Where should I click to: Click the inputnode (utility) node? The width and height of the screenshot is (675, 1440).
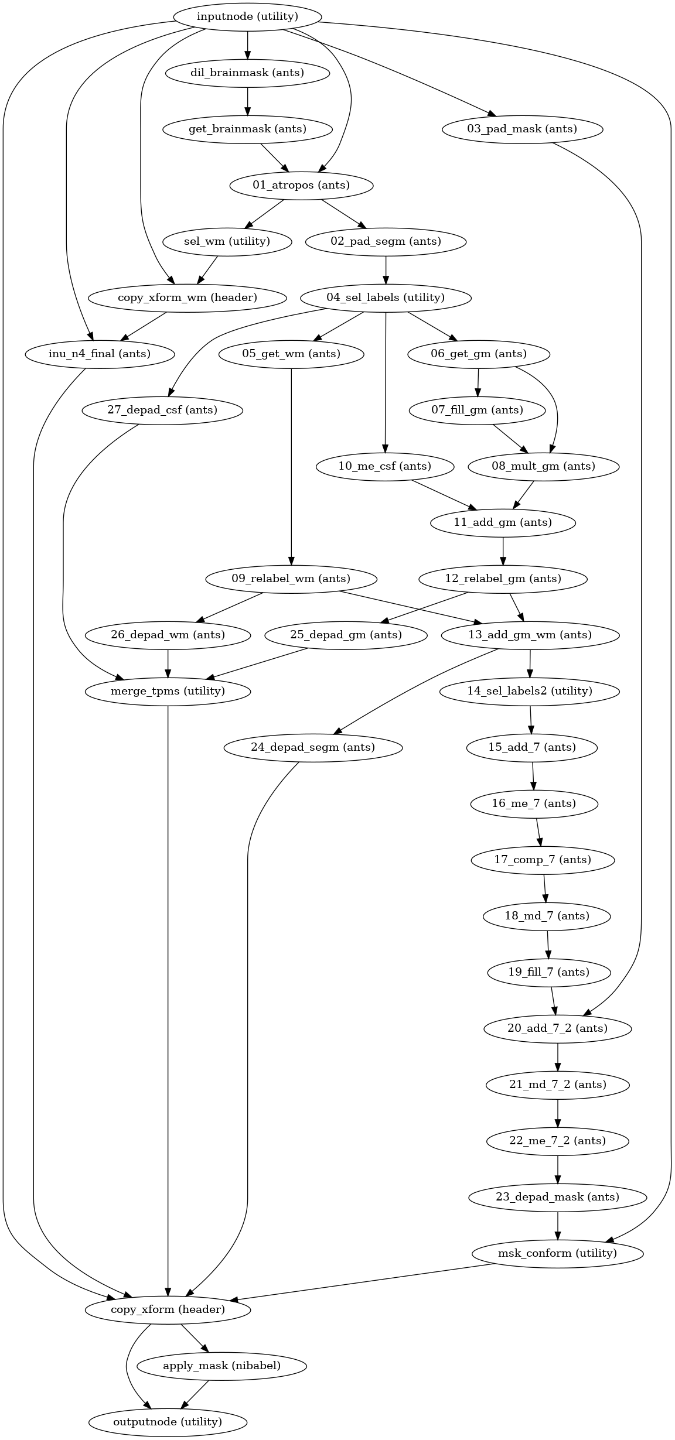pos(247,16)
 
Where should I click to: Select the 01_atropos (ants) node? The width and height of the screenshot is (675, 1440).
pos(301,185)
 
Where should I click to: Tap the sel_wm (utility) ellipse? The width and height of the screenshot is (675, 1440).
pos(227,241)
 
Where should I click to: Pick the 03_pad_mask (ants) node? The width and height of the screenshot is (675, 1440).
pos(523,129)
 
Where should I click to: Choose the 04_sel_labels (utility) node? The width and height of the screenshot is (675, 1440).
pos(386,297)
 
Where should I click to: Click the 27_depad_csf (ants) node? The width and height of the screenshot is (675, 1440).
pos(162,410)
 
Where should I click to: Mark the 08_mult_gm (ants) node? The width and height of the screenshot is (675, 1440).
pos(544,466)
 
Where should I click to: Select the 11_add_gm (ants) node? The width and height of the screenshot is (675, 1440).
pos(503,522)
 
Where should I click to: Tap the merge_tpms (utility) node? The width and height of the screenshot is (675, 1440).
pos(168,691)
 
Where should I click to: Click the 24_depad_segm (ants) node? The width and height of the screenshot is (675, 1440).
pos(313,747)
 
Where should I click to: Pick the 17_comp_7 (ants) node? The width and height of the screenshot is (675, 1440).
pos(543,860)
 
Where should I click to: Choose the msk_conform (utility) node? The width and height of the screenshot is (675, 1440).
pos(557,1253)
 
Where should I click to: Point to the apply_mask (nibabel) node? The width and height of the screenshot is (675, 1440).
pos(221,1366)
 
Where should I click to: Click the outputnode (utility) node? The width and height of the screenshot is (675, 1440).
pos(168,1422)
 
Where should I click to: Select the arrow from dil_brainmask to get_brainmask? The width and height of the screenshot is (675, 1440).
pos(248,101)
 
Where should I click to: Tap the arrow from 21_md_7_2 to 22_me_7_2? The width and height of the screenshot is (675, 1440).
pos(558,1113)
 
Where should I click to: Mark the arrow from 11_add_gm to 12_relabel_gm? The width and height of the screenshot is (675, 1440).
pos(503,550)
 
